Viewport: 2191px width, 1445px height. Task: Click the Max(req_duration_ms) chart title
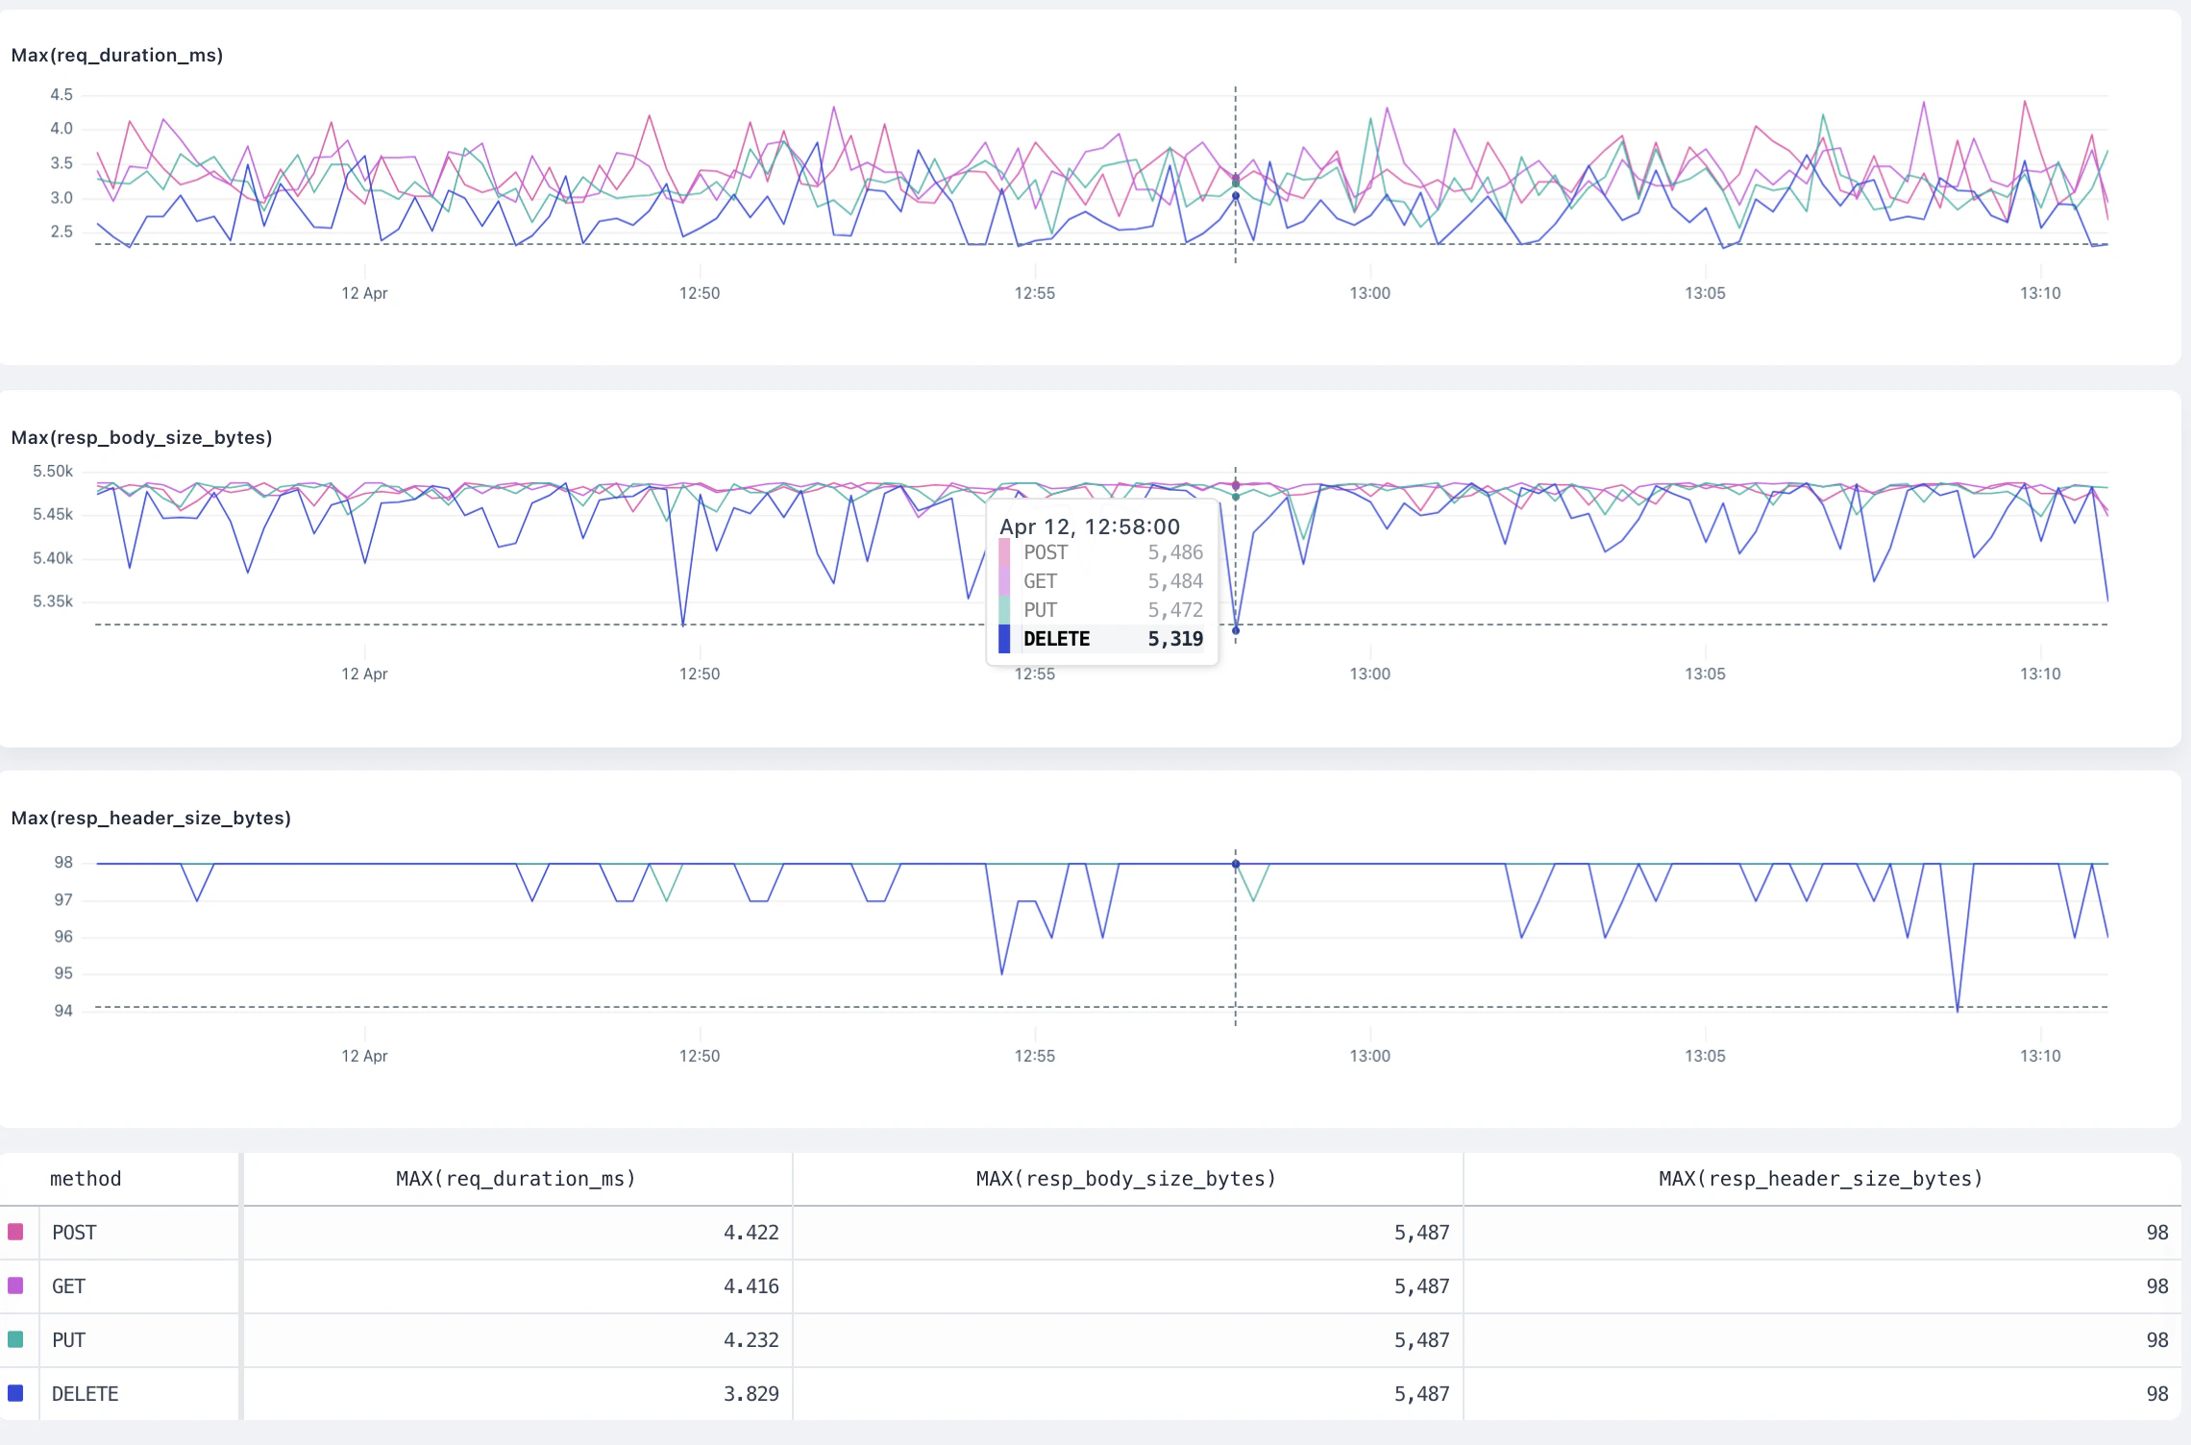pos(116,56)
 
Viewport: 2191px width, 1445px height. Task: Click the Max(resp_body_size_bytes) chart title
pos(141,438)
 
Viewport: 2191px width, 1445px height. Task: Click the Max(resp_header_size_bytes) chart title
pos(151,819)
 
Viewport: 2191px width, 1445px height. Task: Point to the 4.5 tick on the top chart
pos(61,94)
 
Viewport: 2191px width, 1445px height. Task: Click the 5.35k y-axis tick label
pos(53,601)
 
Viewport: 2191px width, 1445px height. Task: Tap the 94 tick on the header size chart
pos(62,1011)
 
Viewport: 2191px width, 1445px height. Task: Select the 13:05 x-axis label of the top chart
pos(1705,293)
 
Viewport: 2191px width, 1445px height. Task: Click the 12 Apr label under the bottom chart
pos(364,1056)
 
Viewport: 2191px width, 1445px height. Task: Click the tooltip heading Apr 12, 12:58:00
pos(1089,527)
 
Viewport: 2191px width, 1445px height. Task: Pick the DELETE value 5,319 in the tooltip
pos(1174,639)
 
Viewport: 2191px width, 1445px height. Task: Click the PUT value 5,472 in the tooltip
pos(1174,610)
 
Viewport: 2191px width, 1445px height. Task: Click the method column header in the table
pos(86,1179)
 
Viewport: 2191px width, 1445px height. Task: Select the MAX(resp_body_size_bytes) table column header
pos(1125,1179)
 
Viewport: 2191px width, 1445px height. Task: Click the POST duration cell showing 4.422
pos(751,1233)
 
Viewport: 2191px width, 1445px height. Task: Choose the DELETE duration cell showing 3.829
pos(751,1394)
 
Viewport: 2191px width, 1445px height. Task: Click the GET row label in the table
pos(68,1286)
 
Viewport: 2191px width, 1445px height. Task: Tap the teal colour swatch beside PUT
pos(15,1339)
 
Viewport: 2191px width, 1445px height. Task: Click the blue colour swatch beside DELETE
pos(15,1393)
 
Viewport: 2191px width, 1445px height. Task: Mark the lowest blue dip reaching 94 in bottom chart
pos(1957,1009)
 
